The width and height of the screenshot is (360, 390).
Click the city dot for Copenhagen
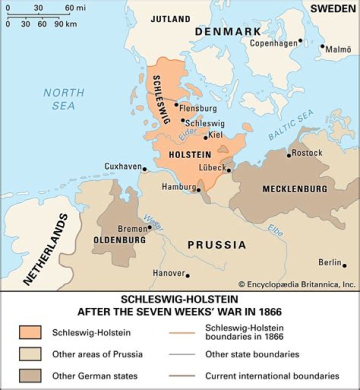pos(300,41)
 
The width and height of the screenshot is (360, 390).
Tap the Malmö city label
pos(338,50)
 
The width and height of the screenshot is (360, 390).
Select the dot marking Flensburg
pos(176,104)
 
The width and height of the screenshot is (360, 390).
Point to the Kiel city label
pos(215,135)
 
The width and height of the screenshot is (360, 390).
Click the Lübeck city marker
pos(228,170)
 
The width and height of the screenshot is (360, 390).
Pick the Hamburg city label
pos(178,187)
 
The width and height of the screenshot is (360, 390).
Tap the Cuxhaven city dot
pos(144,169)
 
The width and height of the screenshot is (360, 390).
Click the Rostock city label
pos(307,153)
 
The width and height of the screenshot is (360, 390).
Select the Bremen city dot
pos(149,227)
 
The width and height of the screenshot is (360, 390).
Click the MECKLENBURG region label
pos(294,189)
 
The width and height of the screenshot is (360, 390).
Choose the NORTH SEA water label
pos(63,99)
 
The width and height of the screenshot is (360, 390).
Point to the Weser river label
pos(150,220)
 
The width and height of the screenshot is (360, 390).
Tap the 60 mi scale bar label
pos(75,8)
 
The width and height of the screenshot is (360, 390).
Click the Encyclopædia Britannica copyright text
pos(297,284)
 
